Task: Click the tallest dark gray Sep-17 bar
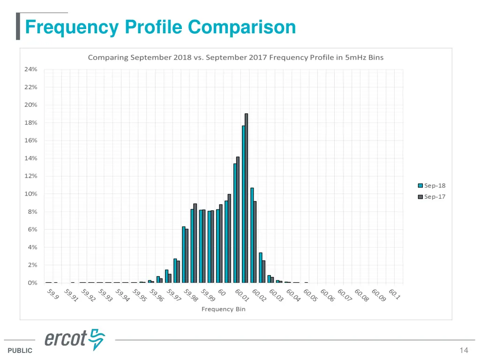pos(246,197)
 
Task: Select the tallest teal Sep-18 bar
pos(243,204)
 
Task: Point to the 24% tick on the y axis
pos(31,69)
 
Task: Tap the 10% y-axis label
pos(31,194)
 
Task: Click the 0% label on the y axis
pos(32,283)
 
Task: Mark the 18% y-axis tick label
pos(31,123)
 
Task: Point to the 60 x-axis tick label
pos(222,293)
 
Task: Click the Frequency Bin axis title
pos(224,309)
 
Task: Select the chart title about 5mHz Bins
pos(236,58)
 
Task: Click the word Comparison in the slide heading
pos(242,27)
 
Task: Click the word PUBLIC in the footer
pos(20,351)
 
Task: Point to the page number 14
pos(464,351)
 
